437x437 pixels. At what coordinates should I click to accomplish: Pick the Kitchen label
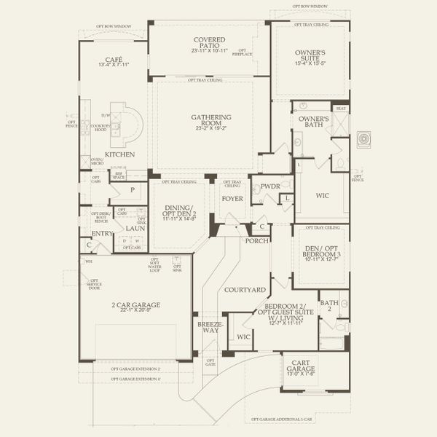tap(118, 155)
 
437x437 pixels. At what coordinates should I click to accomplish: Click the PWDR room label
tap(270, 186)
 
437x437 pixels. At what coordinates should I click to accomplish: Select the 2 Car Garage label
tap(135, 304)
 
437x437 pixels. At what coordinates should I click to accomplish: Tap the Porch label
tap(256, 240)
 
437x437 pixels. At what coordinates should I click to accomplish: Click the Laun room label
tap(135, 228)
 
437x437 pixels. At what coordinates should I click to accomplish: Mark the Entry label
tap(101, 233)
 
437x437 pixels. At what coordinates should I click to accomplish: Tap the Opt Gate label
tap(211, 362)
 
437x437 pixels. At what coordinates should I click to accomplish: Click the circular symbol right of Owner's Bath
tap(363, 137)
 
